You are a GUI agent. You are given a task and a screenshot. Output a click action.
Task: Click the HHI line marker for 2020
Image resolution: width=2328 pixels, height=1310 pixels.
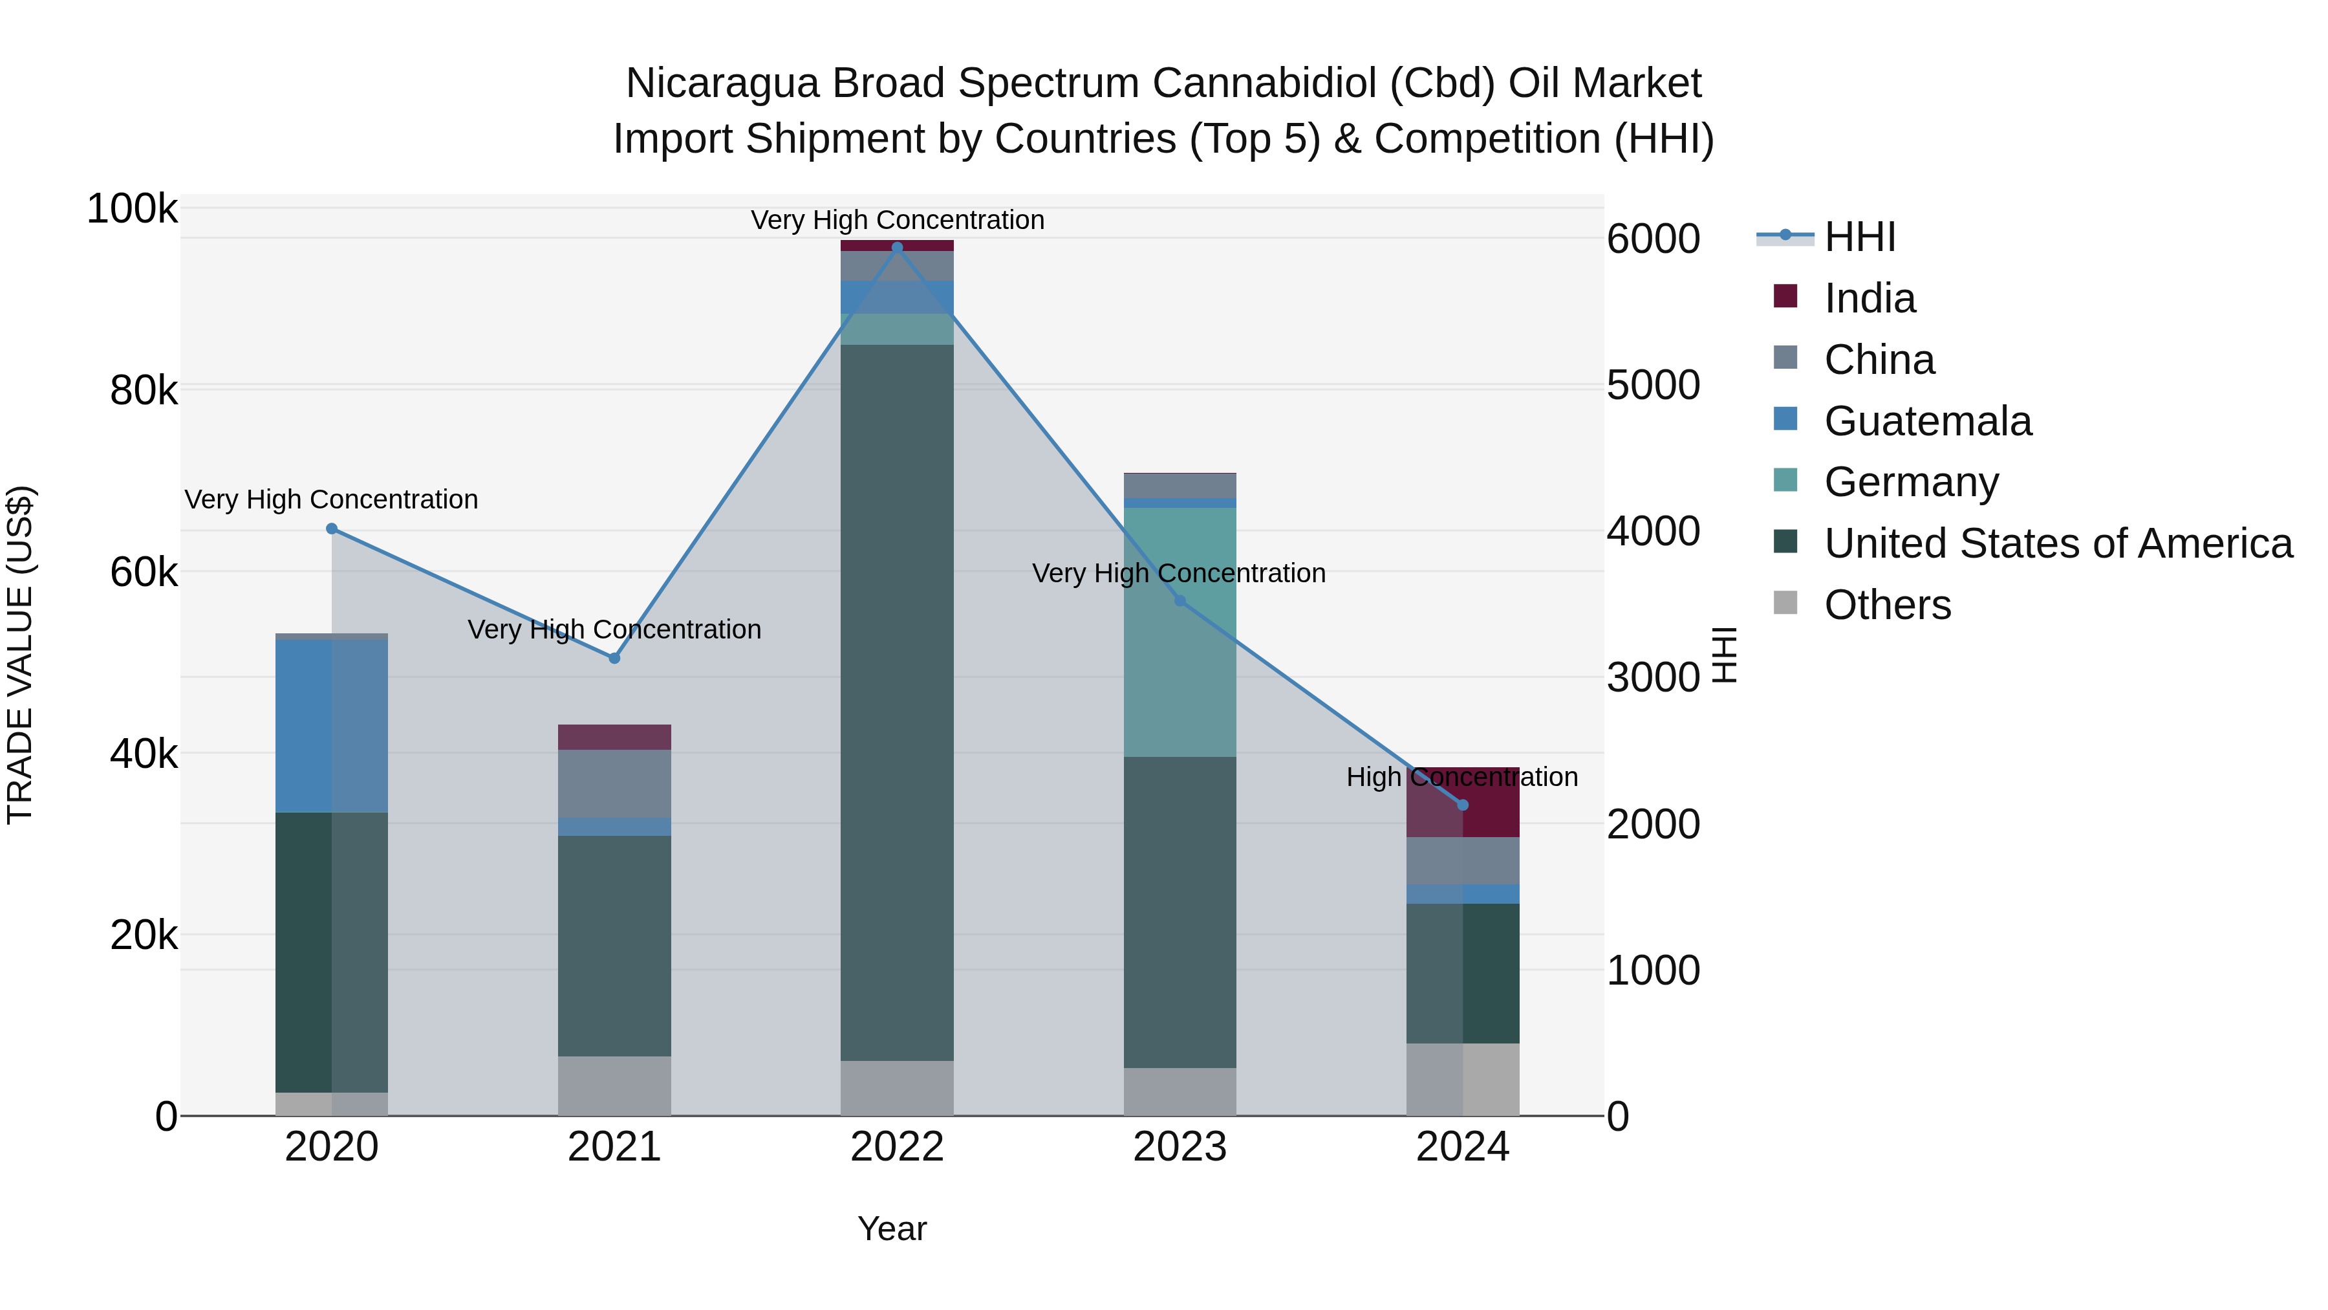click(332, 529)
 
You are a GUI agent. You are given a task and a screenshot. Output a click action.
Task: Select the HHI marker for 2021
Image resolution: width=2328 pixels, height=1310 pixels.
click(614, 658)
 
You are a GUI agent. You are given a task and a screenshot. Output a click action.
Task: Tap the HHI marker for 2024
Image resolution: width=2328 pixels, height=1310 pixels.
click(1463, 805)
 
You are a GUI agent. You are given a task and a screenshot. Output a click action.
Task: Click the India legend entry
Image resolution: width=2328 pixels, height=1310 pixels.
click(1869, 298)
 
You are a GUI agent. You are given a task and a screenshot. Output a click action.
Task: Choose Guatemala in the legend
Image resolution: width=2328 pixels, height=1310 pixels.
click(1927, 421)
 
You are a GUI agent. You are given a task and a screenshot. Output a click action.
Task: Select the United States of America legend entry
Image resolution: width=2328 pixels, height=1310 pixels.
click(2057, 543)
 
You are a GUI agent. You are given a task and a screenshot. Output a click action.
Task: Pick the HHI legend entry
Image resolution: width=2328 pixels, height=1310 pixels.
click(1859, 237)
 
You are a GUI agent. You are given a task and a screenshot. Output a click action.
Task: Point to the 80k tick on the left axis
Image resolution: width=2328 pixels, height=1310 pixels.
click(144, 391)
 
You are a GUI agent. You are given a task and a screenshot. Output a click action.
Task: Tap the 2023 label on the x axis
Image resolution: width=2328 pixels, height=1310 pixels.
click(1180, 1147)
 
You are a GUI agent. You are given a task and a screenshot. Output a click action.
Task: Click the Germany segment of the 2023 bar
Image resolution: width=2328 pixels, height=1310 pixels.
click(1180, 632)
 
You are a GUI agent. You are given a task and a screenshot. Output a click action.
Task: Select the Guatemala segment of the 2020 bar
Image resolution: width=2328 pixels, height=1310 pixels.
click(332, 726)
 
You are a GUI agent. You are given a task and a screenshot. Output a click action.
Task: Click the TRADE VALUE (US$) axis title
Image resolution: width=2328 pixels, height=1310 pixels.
click(20, 655)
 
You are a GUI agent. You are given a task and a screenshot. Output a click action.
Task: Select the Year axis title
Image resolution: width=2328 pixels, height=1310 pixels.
click(891, 1228)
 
